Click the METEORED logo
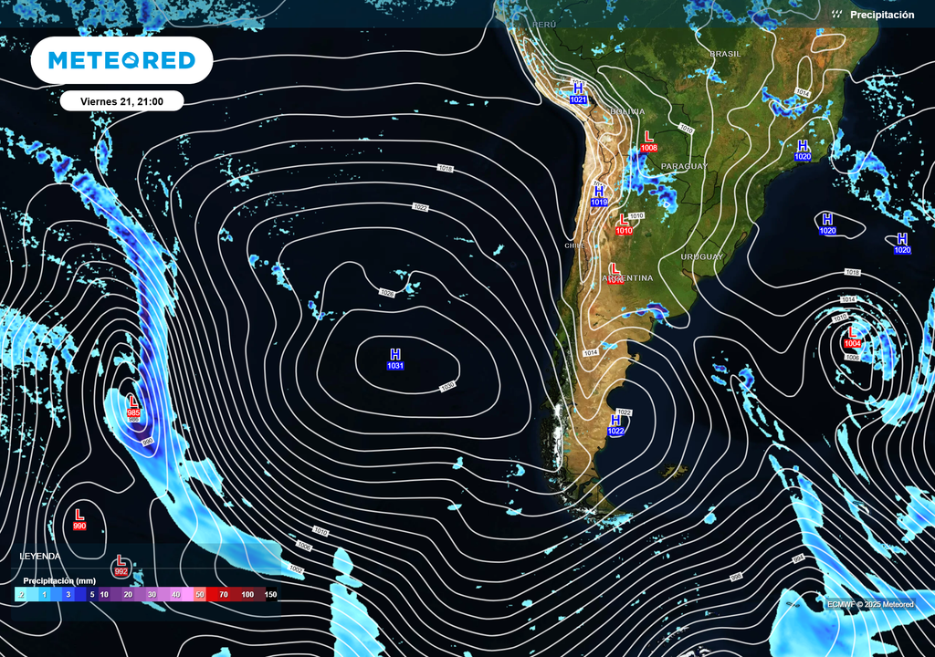(x=121, y=60)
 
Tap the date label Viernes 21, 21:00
(x=121, y=101)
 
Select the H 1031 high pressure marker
(x=395, y=359)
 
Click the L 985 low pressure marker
(x=133, y=406)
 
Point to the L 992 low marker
(x=121, y=566)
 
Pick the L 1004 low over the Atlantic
(x=853, y=337)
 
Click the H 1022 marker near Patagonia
(x=616, y=424)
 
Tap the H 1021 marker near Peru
(x=578, y=93)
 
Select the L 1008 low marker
(x=649, y=141)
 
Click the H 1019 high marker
(x=599, y=196)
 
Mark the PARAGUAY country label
(x=684, y=166)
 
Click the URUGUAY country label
(x=701, y=256)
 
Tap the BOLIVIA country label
(x=627, y=111)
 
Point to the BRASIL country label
(x=725, y=54)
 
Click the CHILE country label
(x=574, y=245)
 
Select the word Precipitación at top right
(x=881, y=15)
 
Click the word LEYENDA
(x=40, y=556)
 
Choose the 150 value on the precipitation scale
(x=270, y=594)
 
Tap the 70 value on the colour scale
(x=223, y=594)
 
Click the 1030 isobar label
(x=447, y=387)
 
